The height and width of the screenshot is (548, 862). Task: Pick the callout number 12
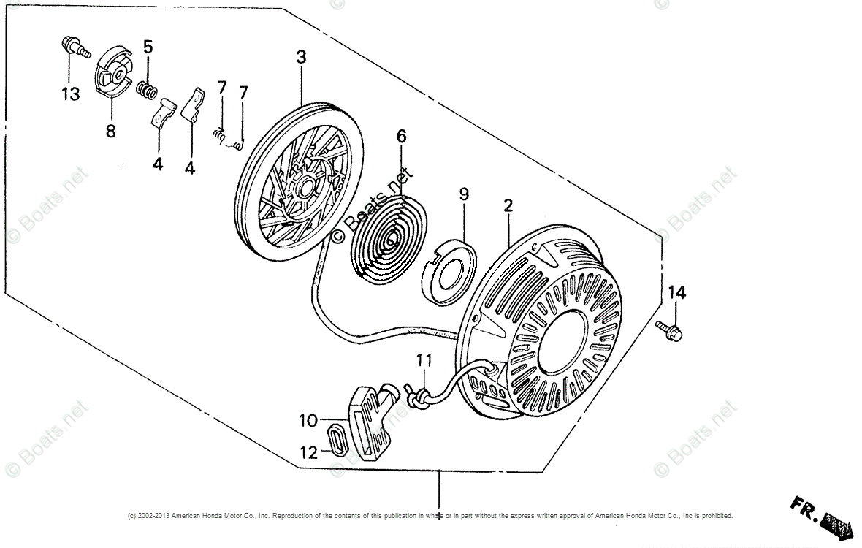[308, 453]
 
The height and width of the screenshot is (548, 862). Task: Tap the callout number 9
[464, 194]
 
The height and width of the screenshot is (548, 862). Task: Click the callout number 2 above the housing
[508, 207]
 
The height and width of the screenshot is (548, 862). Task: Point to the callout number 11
[424, 360]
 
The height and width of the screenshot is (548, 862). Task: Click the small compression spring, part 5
[148, 93]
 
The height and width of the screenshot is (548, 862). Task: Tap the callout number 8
[111, 132]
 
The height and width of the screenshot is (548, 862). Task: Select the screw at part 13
[73, 47]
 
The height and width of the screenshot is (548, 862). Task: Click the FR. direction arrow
[819, 516]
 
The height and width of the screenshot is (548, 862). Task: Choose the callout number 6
[402, 137]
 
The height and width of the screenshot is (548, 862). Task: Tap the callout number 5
[148, 47]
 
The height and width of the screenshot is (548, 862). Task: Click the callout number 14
[676, 293]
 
